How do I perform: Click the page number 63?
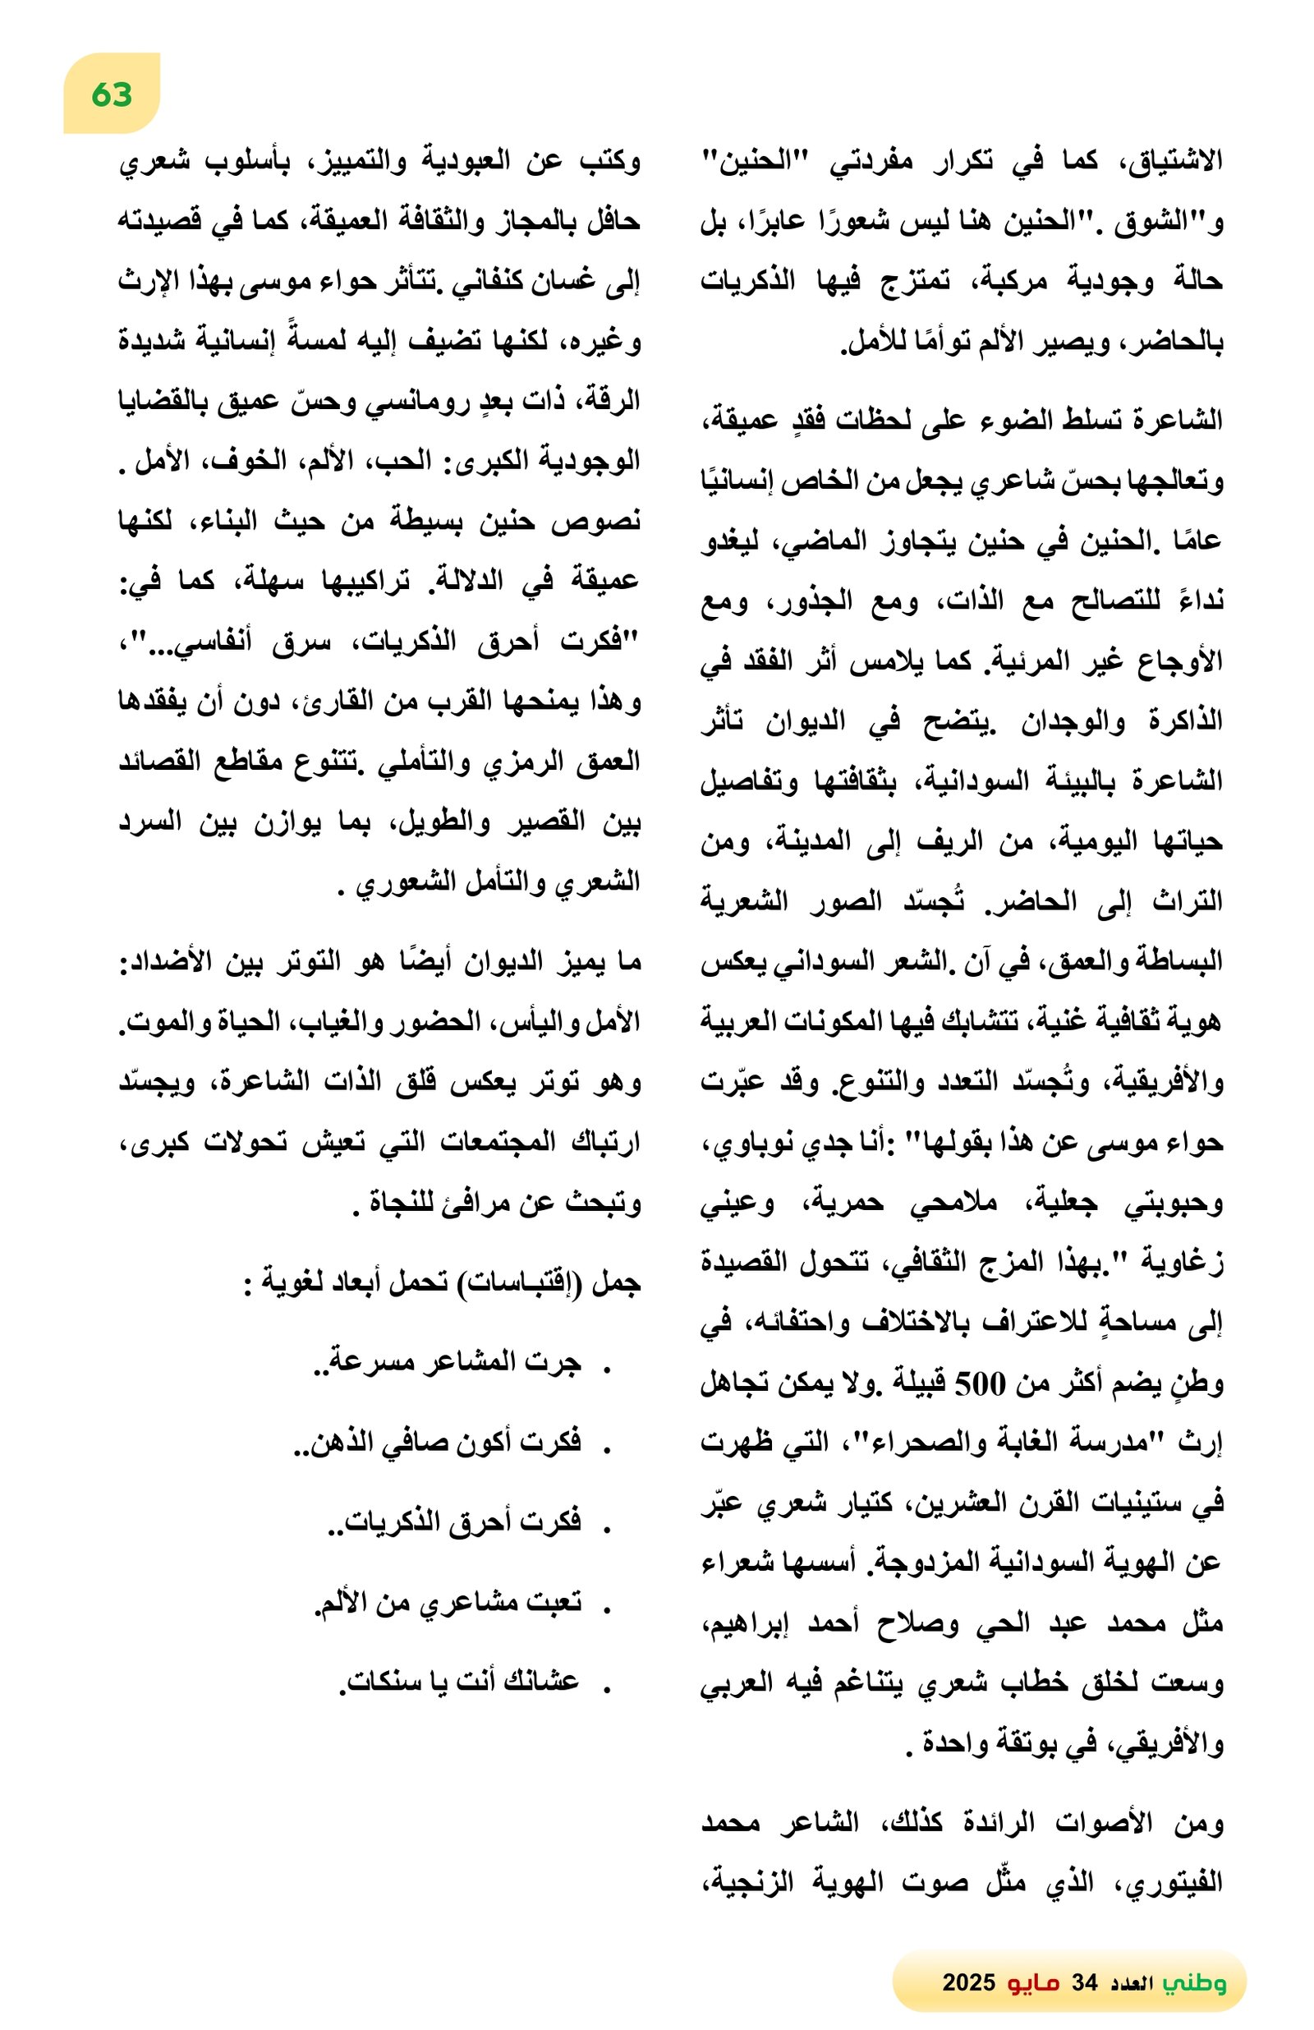click(112, 94)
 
